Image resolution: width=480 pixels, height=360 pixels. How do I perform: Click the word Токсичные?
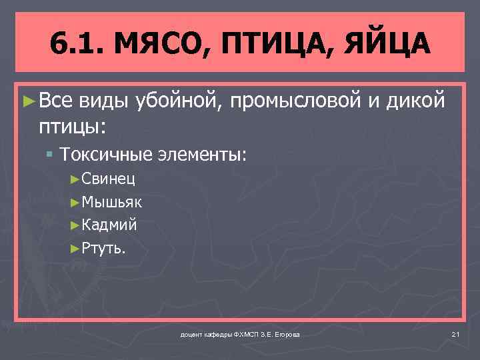(x=107, y=155)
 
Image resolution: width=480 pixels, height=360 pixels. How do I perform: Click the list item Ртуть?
(x=103, y=249)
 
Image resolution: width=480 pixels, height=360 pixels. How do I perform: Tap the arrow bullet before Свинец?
(x=75, y=179)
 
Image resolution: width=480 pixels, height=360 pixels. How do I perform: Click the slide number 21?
(x=456, y=333)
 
